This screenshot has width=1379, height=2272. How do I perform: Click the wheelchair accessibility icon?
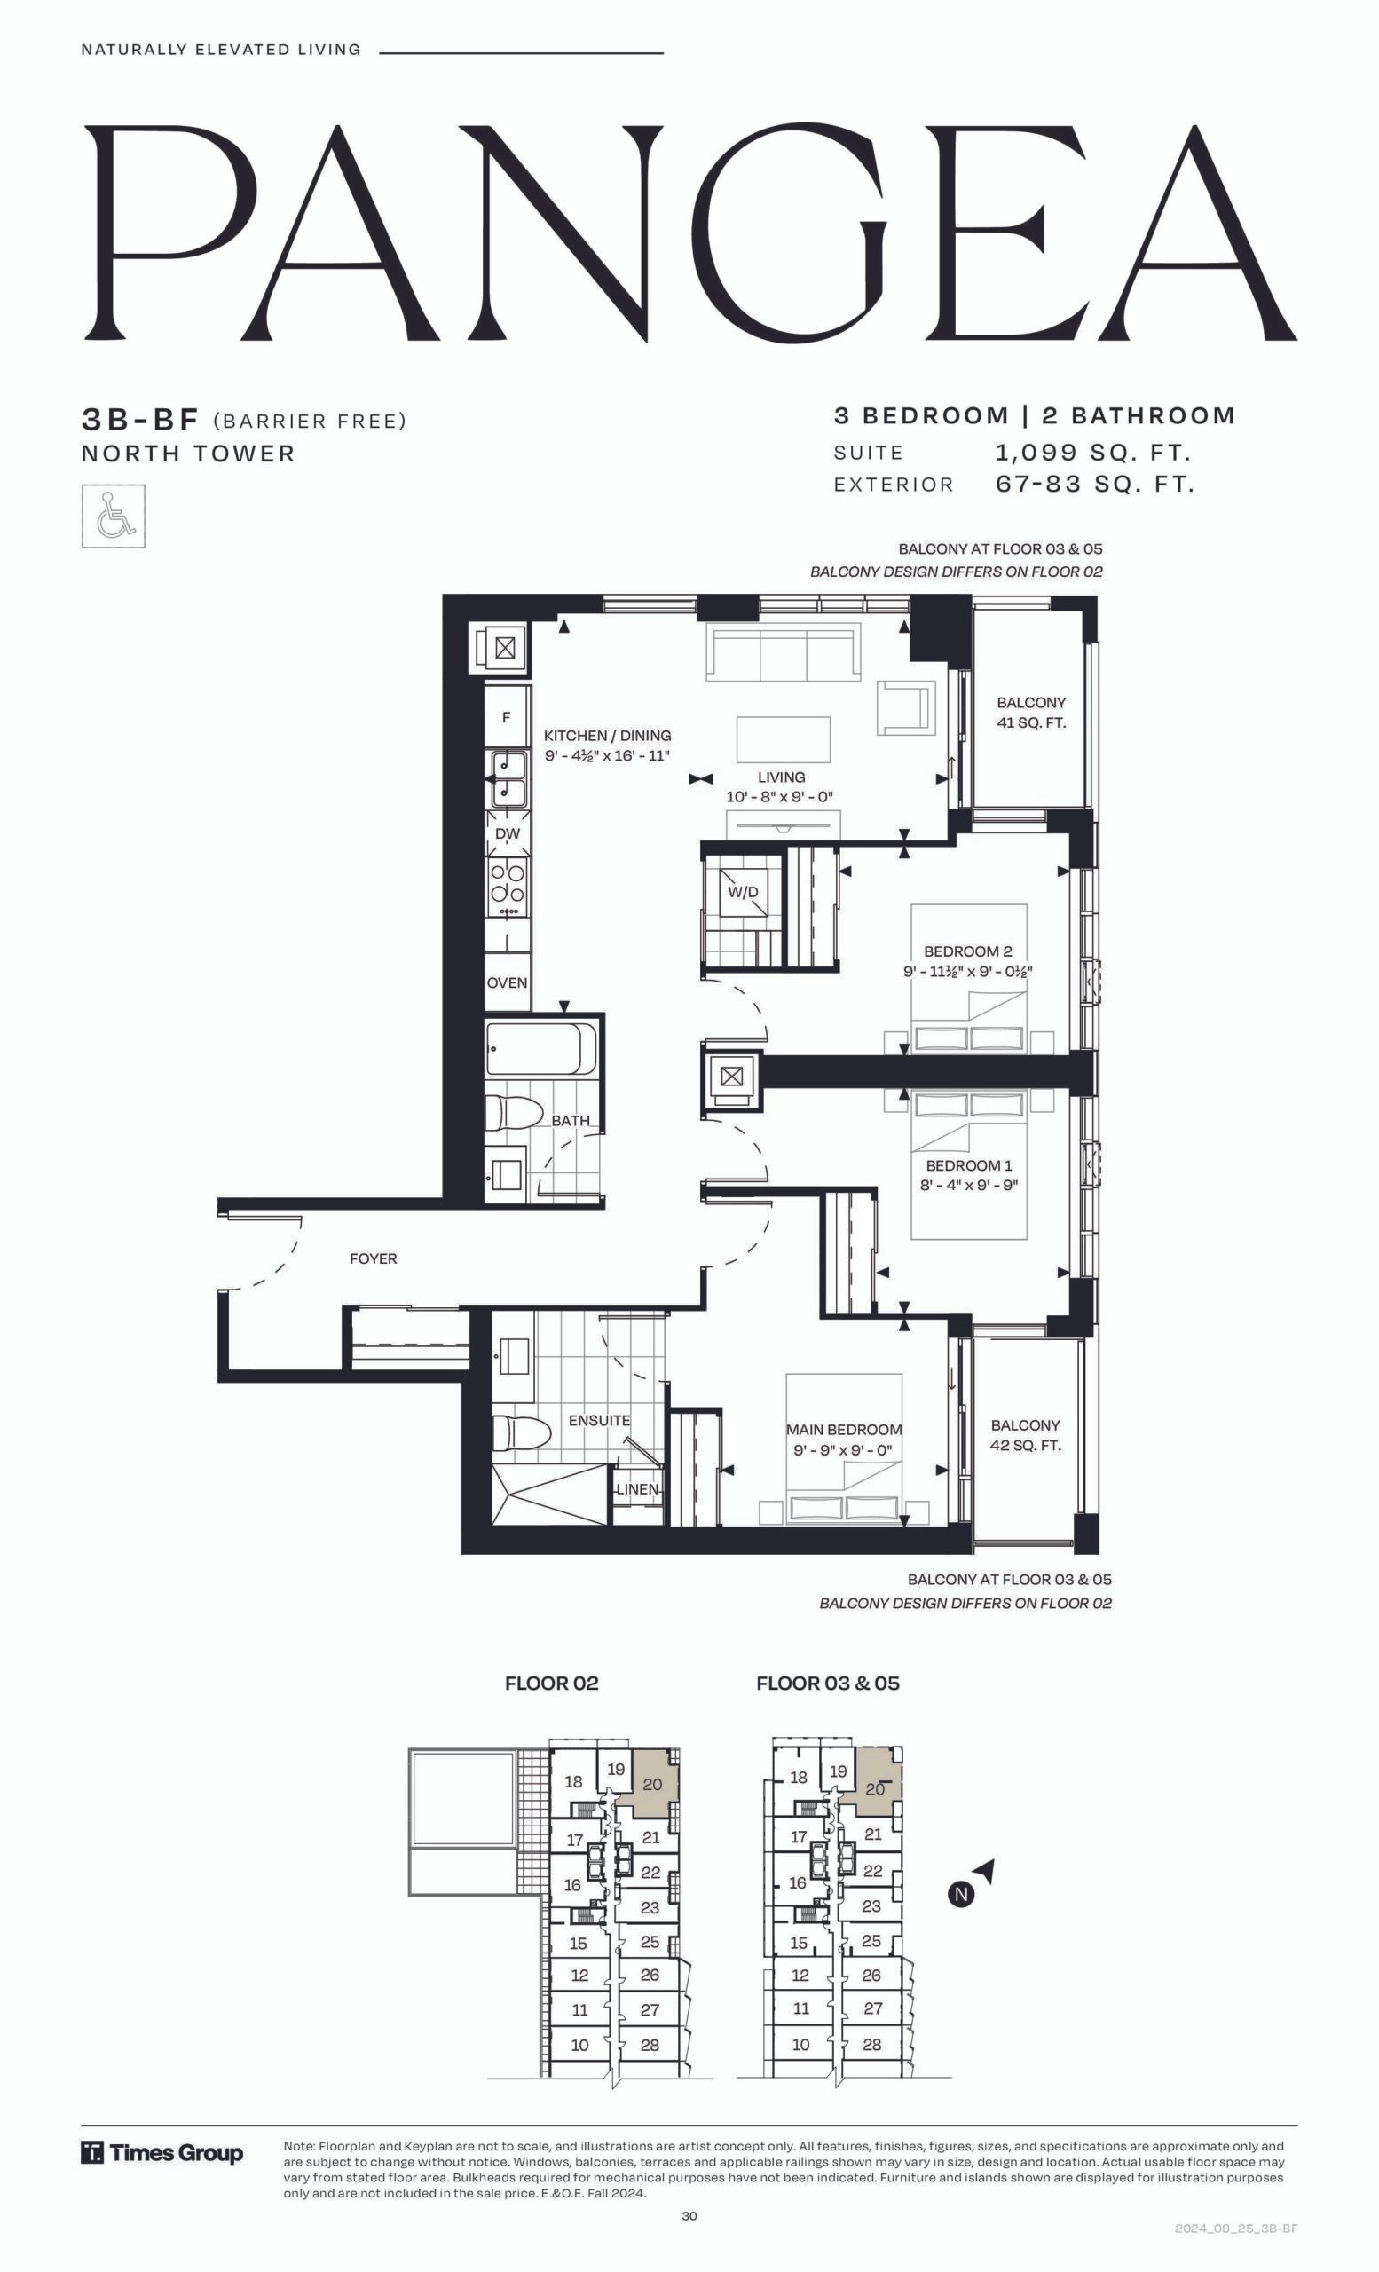pos(113,516)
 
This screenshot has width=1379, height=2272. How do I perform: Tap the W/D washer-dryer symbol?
pos(743,893)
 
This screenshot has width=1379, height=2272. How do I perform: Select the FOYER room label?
pos(374,1258)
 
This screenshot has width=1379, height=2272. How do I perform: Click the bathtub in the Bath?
pos(541,1048)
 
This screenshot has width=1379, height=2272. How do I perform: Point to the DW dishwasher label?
pos(508,833)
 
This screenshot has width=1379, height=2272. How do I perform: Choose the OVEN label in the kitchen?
pos(507,983)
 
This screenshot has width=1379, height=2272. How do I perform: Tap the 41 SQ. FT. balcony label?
pos(1031,723)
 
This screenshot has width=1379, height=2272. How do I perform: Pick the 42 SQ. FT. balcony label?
pos(1026,1446)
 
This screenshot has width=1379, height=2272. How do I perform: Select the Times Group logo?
pos(162,2154)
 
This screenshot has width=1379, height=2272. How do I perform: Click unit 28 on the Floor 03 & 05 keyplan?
pos(872,2044)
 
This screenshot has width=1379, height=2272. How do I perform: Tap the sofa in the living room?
pos(784,652)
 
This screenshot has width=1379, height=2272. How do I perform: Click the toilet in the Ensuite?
pos(521,1433)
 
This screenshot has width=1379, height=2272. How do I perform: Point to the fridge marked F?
pos(506,716)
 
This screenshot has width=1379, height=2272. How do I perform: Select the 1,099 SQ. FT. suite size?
pos(1093,453)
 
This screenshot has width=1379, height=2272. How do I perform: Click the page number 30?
pos(689,2216)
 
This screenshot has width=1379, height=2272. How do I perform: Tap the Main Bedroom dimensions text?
pos(842,1450)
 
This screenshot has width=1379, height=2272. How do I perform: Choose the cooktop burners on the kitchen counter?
pos(508,882)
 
